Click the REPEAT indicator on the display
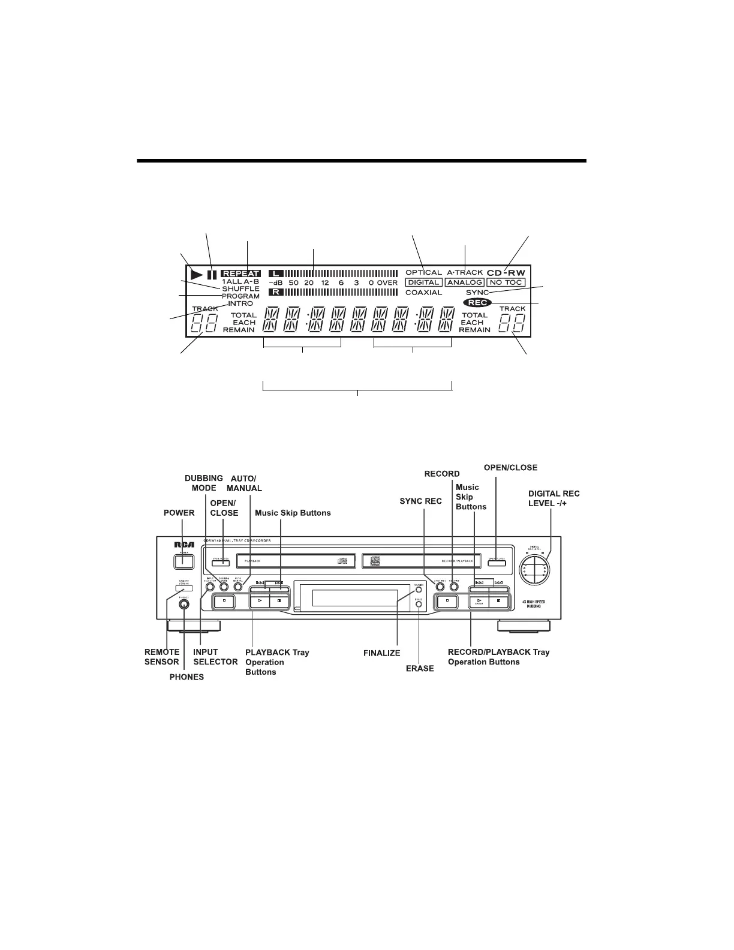point(240,273)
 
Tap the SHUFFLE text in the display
point(240,288)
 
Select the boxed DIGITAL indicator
point(423,282)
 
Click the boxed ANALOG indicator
point(464,282)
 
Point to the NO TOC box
point(506,282)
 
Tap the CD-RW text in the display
point(506,272)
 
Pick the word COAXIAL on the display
point(423,293)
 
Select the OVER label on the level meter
point(387,282)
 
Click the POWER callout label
point(179,513)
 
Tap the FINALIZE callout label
point(381,653)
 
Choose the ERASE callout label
point(420,668)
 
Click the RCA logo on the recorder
point(181,545)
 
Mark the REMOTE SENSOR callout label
point(162,657)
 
